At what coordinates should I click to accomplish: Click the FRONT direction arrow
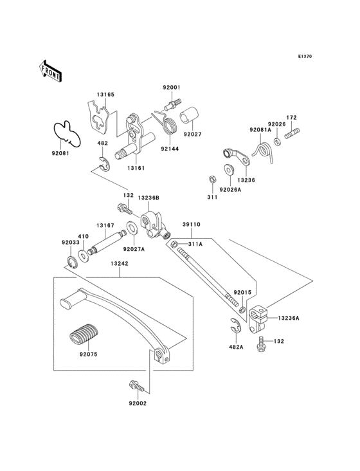(50, 71)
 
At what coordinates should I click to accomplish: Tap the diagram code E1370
(305, 56)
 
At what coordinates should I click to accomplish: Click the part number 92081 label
(60, 153)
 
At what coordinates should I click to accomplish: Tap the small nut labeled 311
(212, 180)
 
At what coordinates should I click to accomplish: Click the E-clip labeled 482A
(235, 326)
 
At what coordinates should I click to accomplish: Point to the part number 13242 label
(119, 263)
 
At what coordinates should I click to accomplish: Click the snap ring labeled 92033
(72, 263)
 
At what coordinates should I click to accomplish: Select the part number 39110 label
(192, 225)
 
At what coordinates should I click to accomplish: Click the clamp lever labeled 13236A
(258, 319)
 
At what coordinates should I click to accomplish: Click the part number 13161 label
(136, 168)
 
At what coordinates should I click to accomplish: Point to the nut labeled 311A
(174, 245)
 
